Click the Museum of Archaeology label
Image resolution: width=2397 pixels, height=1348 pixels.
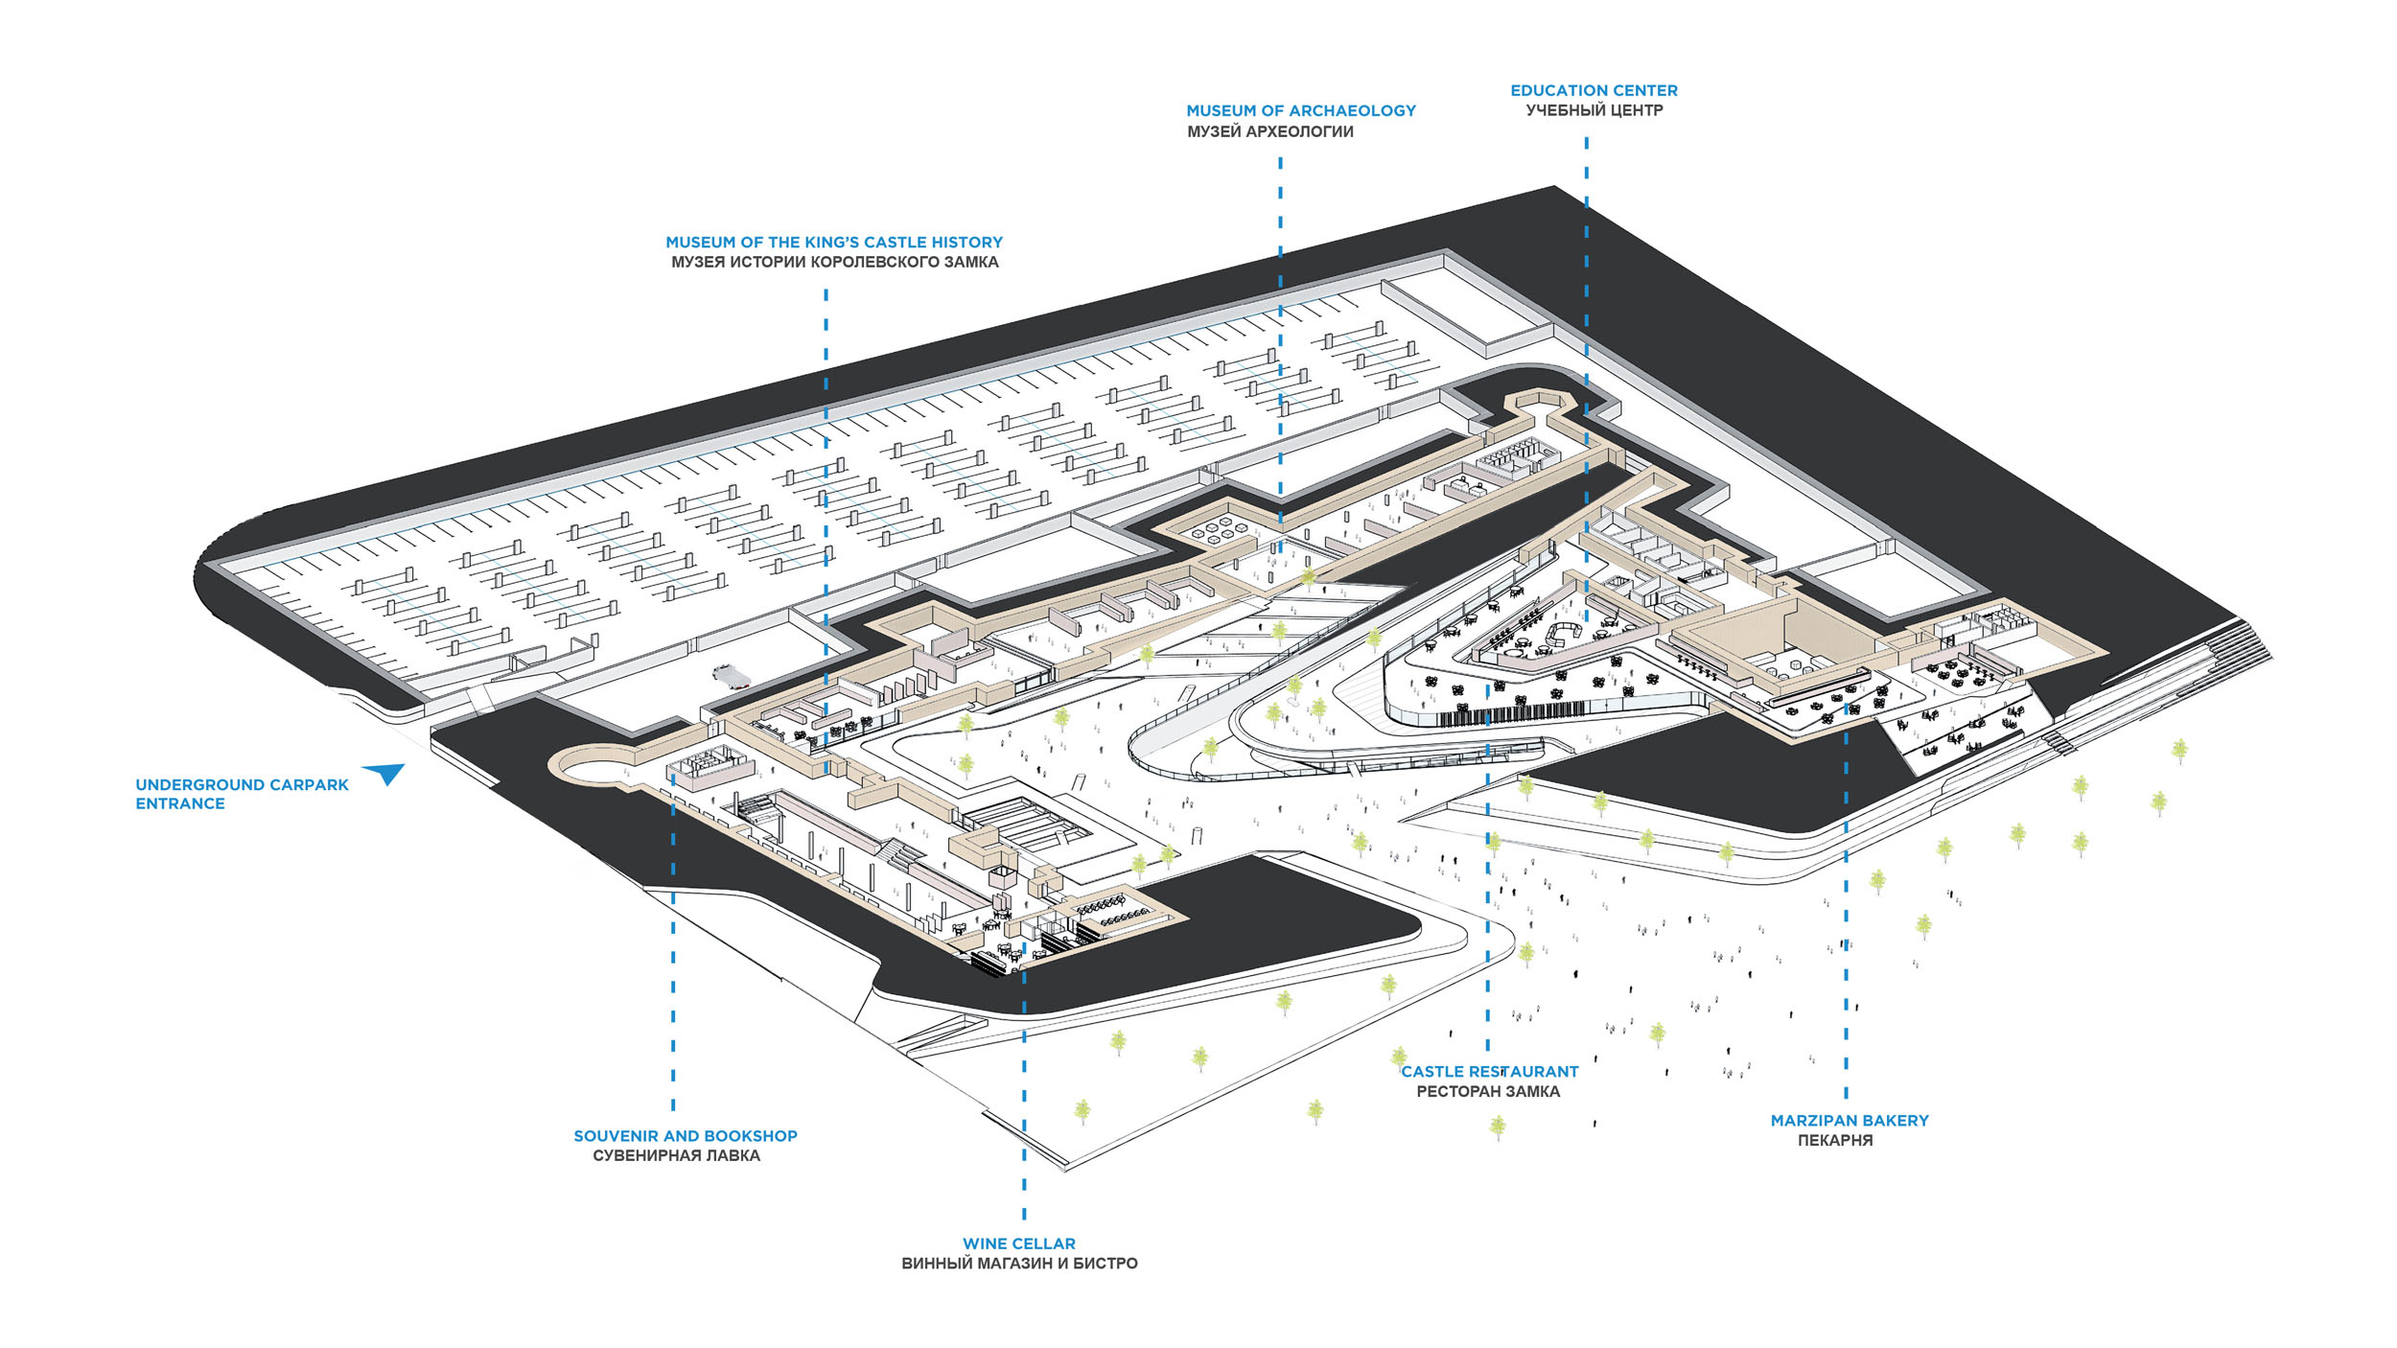coord(1300,111)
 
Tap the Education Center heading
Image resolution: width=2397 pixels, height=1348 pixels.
coord(1594,90)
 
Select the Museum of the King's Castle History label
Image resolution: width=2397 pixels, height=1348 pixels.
coord(834,243)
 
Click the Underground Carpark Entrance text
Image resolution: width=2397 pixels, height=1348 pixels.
coord(242,794)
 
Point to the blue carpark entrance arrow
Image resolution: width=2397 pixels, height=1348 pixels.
coord(385,772)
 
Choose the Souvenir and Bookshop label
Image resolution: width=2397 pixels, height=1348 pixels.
coord(686,1136)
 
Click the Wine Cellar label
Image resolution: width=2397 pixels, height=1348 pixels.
coord(1019,1243)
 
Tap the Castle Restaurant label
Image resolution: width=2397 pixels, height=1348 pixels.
coord(1489,1072)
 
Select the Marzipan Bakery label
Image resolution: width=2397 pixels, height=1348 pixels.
coord(1850,1121)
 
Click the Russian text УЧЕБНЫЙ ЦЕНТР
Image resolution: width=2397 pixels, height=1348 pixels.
coord(1594,111)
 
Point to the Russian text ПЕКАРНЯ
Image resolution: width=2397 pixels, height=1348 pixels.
coord(1835,1141)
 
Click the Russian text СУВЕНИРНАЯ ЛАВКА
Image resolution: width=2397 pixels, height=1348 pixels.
coord(676,1156)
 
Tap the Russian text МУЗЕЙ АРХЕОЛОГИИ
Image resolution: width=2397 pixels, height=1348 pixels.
coord(1270,132)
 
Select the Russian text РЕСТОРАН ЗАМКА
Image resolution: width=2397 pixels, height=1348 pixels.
coord(1488,1092)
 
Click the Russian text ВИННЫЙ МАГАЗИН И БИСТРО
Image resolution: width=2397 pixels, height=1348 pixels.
coord(1019,1264)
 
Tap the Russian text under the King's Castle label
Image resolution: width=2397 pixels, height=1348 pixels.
coord(834,263)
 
